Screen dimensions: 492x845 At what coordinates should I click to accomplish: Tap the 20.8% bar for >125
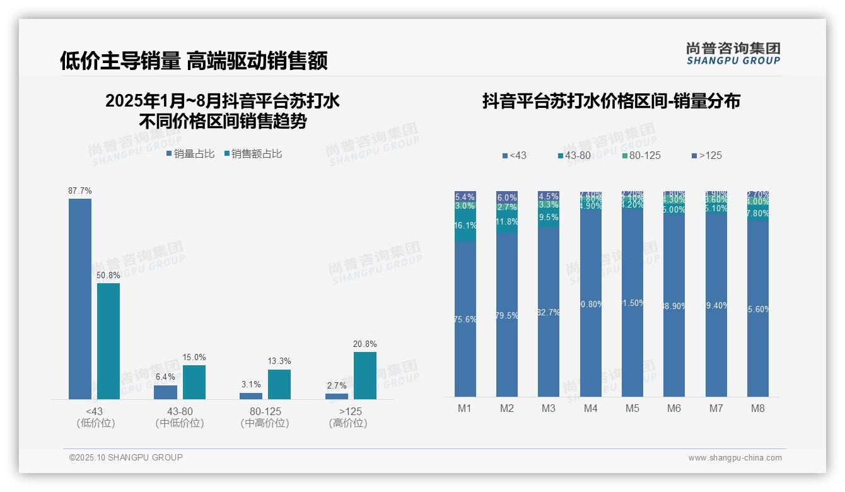pyautogui.click(x=365, y=375)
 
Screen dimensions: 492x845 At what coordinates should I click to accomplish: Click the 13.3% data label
pyautogui.click(x=279, y=361)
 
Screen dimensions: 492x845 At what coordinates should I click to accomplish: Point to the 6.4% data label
pyautogui.click(x=165, y=377)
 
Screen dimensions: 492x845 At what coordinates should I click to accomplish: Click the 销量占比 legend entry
pyautogui.click(x=190, y=154)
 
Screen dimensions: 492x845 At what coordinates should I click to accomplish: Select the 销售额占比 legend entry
pyautogui.click(x=253, y=154)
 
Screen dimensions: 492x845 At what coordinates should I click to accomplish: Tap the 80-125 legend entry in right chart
pyautogui.click(x=641, y=155)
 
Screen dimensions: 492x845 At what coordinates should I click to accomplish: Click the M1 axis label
pyautogui.click(x=465, y=408)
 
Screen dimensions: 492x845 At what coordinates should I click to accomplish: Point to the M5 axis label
pyautogui.click(x=632, y=408)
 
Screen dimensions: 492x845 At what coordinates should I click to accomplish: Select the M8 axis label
pyautogui.click(x=757, y=408)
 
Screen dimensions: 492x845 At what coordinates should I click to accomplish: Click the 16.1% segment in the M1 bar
pyautogui.click(x=465, y=226)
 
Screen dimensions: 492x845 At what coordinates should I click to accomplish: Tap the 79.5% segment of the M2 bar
pyautogui.click(x=507, y=315)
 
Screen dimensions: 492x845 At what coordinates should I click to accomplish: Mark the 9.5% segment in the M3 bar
pyautogui.click(x=549, y=218)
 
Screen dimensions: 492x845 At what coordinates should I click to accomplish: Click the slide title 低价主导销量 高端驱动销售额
pyautogui.click(x=194, y=61)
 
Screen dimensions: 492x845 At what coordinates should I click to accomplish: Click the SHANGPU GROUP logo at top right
pyautogui.click(x=733, y=53)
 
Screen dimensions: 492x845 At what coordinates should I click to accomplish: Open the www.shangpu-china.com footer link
pyautogui.click(x=735, y=458)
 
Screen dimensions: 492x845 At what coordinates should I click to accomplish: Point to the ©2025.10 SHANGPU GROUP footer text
pyautogui.click(x=126, y=458)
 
